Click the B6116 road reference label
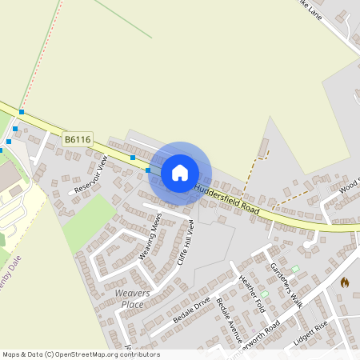(78, 139)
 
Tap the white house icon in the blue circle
(179, 172)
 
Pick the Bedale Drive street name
(191, 310)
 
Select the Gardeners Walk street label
(286, 286)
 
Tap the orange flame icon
(345, 282)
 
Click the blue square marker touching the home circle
(148, 170)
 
